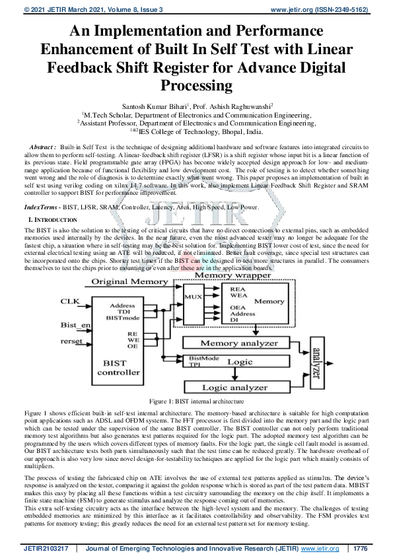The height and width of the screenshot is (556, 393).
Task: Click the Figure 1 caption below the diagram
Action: click(197, 401)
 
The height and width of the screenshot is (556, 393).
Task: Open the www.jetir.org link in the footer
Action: click(316, 548)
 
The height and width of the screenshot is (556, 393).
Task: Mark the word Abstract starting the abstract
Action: click(43, 145)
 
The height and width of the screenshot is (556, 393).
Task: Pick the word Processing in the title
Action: click(196, 85)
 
